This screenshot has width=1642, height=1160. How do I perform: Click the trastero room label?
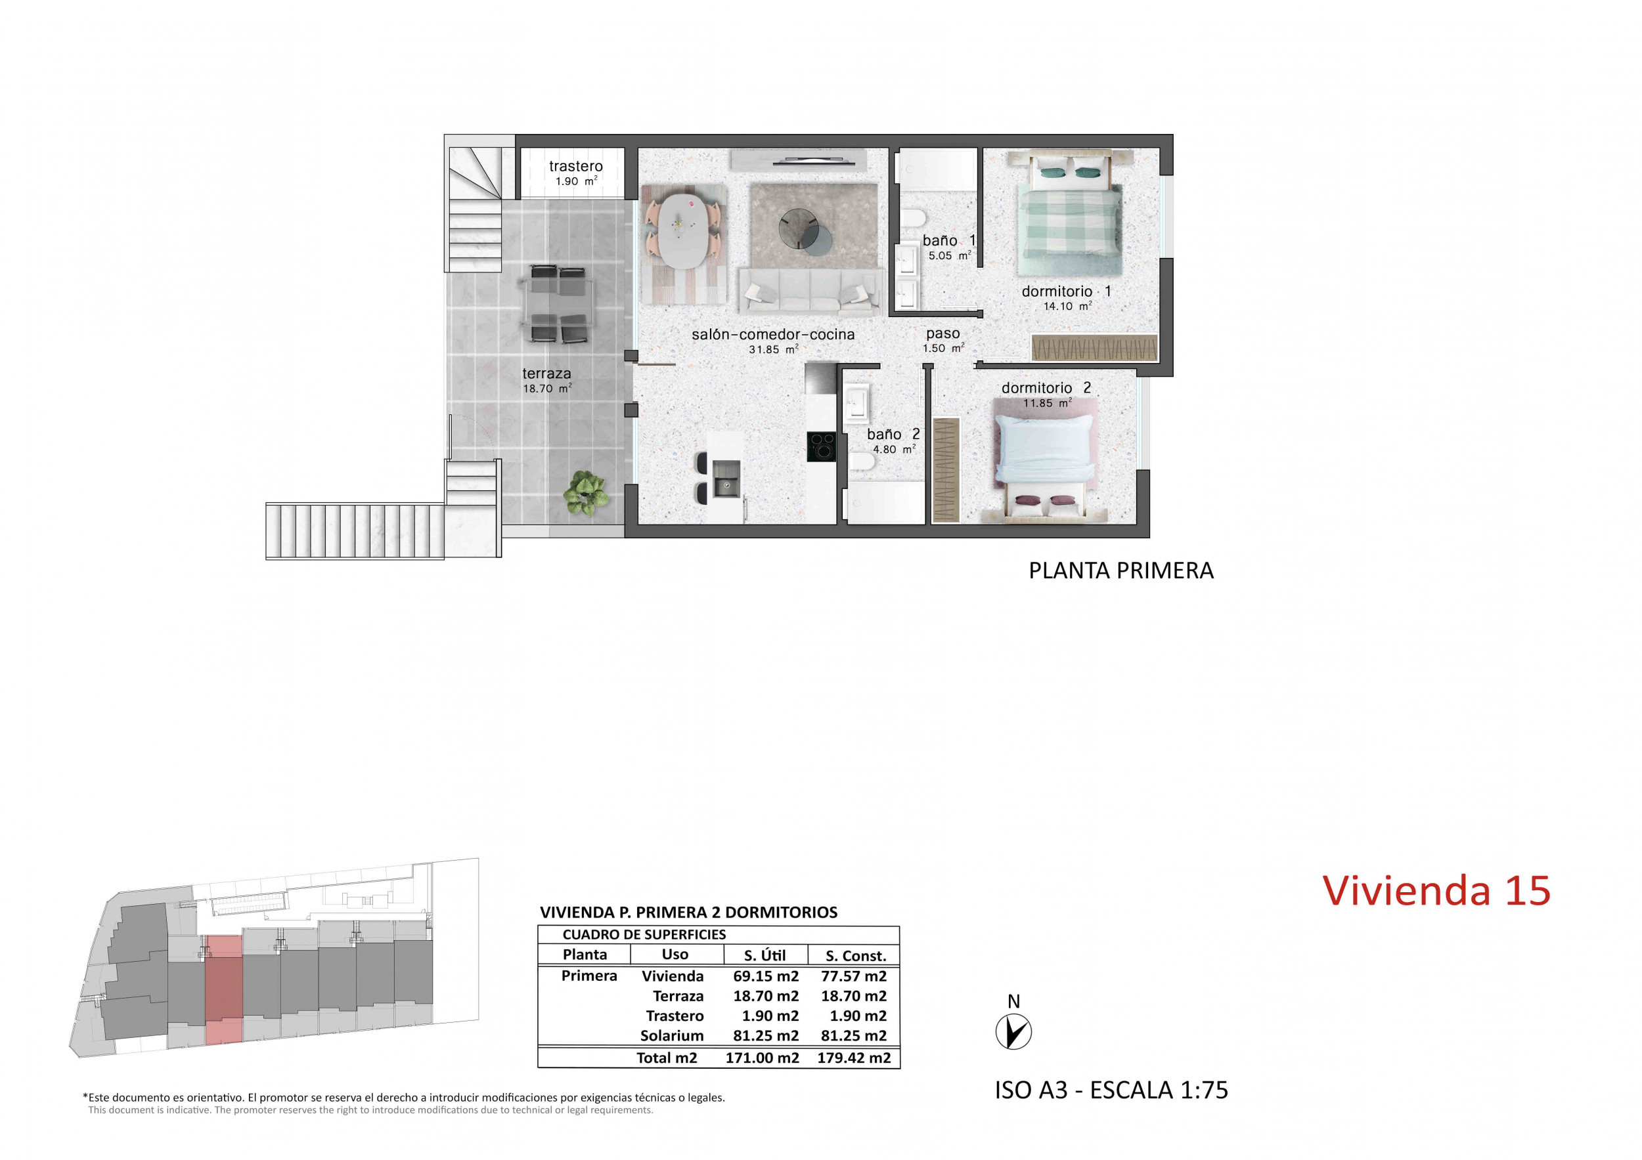(576, 167)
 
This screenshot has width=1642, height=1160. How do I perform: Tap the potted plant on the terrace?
(586, 492)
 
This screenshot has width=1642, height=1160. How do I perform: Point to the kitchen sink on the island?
(726, 479)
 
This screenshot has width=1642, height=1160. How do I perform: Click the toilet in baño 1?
(912, 217)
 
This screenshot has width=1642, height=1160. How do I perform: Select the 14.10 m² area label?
(1067, 306)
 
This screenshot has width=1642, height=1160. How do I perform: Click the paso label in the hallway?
(943, 333)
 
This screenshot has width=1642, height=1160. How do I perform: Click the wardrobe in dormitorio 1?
(1094, 347)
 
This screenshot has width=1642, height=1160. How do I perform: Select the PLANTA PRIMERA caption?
(1121, 570)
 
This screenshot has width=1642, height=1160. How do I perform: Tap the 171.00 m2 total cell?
(763, 1058)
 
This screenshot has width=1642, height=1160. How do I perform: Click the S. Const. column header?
(856, 956)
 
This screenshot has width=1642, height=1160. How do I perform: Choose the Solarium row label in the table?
(671, 1036)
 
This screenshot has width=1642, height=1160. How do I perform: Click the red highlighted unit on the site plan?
(224, 990)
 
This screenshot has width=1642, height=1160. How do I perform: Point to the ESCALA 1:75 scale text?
(1159, 1090)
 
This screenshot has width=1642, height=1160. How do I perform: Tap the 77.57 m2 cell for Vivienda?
(854, 976)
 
